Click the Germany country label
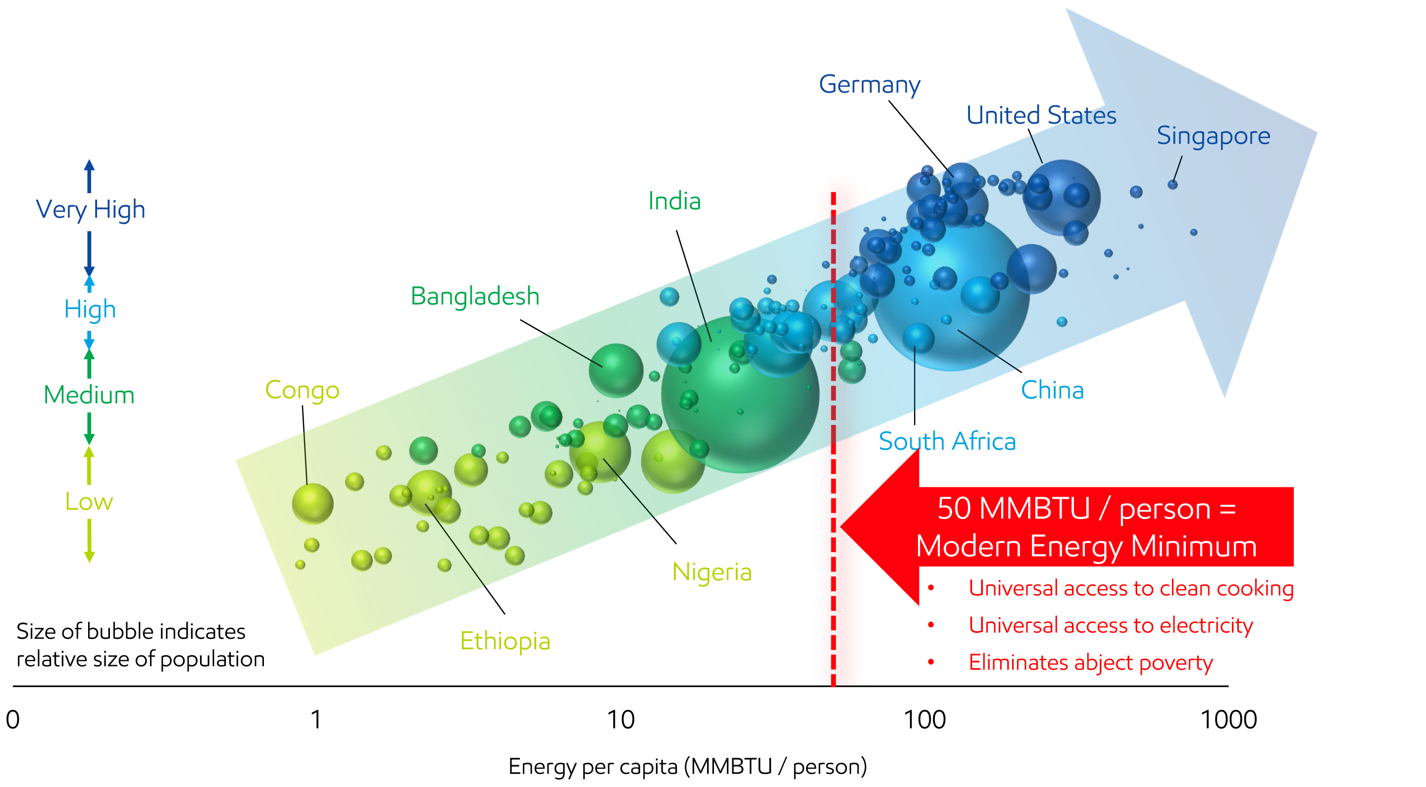point(869,85)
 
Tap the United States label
point(1041,115)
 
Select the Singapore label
point(1213,136)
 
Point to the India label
point(674,201)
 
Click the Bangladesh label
point(474,296)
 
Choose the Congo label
point(302,390)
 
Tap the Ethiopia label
point(505,641)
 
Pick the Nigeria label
point(712,572)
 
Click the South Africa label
point(947,441)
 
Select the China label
point(1052,390)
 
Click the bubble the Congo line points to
point(312,503)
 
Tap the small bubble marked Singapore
point(1172,184)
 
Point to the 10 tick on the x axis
point(620,720)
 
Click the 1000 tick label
point(1228,720)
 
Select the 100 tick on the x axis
point(924,720)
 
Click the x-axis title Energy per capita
point(687,767)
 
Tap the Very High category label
point(90,210)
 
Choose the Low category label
point(89,502)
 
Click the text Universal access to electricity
point(1110,625)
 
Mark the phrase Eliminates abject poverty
point(1090,662)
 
